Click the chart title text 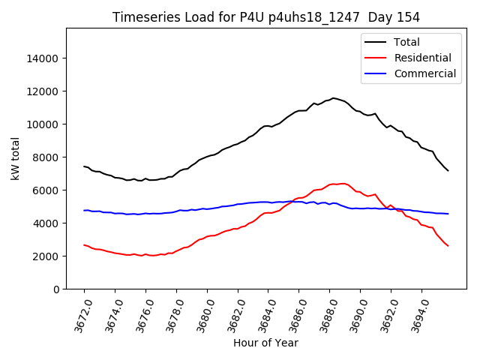click(266, 17)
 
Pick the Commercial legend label click(425, 73)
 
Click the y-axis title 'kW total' click(16, 159)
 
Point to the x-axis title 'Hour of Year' click(265, 343)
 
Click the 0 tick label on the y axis click(56, 289)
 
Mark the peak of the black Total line click(334, 97)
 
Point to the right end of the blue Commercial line click(448, 214)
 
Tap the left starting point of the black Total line click(84, 166)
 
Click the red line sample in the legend click(376, 58)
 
